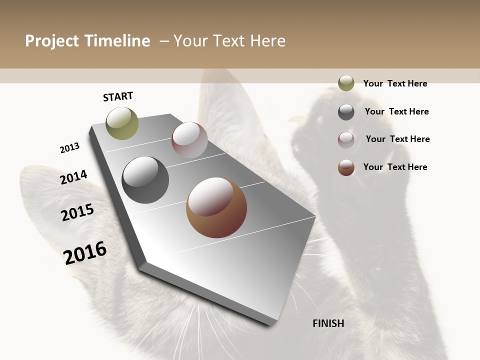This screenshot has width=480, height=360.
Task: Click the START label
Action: pos(118,96)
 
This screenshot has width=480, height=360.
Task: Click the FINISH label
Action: pos(328,323)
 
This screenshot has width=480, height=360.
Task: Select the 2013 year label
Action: pos(69,148)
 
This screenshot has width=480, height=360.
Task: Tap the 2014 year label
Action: pos(73,177)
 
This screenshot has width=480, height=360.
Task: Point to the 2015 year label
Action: pos(77,212)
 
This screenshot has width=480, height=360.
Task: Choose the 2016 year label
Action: pos(85,252)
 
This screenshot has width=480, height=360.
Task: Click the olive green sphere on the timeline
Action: pos(122,123)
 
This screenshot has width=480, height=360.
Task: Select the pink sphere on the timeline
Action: pos(189,140)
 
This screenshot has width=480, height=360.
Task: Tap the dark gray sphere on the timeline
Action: pos(145,180)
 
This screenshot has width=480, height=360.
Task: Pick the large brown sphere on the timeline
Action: pos(216,207)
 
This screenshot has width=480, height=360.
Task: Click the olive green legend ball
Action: pos(346,83)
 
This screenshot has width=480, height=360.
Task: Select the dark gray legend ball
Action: pos(346,111)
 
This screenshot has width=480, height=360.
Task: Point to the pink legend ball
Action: pos(346,139)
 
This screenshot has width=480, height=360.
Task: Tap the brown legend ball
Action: pos(346,167)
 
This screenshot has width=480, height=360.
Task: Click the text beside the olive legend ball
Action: pos(395,83)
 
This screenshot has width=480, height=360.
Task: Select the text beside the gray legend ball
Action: pos(396,111)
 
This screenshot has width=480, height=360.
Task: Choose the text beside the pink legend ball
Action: pos(397,139)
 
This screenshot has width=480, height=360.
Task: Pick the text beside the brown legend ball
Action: pos(395,167)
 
